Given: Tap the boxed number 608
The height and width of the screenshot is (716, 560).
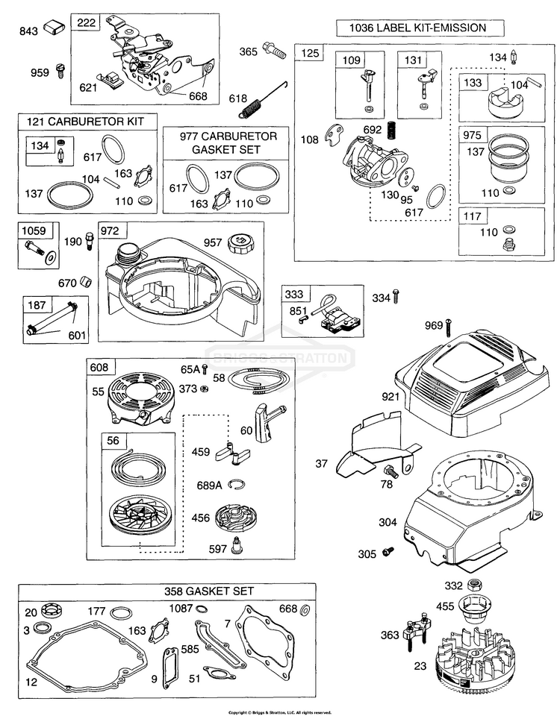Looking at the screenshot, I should point(99,367).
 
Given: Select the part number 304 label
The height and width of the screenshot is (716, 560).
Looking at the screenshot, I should point(388,522).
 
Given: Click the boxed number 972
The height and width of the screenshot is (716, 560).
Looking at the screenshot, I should point(109,230).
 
